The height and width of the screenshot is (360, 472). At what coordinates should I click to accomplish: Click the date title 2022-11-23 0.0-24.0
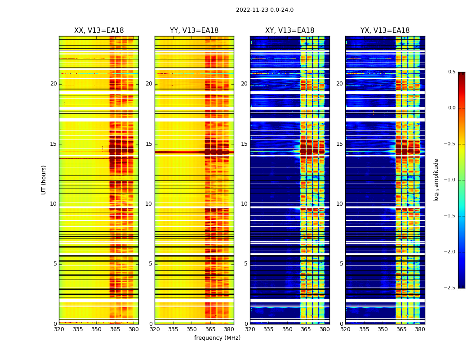click(264, 10)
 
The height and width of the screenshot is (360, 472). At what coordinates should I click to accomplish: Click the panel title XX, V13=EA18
click(99, 31)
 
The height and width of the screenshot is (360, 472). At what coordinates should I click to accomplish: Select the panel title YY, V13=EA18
click(194, 31)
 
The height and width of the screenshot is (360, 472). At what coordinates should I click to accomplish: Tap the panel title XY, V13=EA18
click(289, 31)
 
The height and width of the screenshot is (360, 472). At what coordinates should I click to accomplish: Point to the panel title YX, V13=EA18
click(385, 31)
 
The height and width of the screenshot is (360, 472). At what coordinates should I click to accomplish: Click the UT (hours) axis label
click(44, 180)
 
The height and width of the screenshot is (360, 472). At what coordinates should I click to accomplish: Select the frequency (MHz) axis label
click(217, 338)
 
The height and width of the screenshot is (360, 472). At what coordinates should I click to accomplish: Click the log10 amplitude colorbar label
click(436, 180)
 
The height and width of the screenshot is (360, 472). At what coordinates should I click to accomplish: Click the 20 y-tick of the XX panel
click(53, 84)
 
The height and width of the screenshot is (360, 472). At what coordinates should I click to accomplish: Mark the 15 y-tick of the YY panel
click(149, 144)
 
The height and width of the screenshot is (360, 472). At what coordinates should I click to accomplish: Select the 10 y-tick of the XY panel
click(244, 204)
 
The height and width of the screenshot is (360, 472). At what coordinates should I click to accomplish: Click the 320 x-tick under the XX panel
click(59, 329)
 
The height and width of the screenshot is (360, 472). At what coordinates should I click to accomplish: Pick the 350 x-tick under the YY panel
click(192, 329)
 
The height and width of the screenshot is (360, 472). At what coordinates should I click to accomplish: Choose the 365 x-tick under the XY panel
click(306, 329)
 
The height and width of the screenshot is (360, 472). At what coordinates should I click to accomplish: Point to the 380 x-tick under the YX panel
click(420, 329)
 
